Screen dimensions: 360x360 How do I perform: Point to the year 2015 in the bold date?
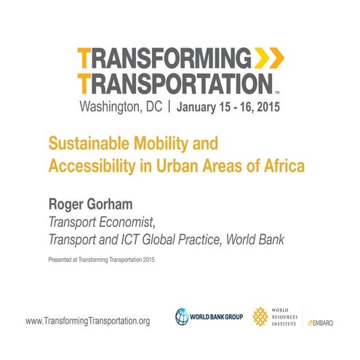pyautogui.click(x=264, y=108)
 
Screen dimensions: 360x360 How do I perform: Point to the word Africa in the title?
pyautogui.click(x=280, y=163)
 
